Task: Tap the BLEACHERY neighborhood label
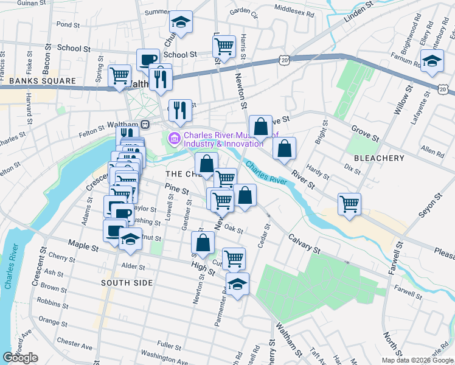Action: tap(379, 158)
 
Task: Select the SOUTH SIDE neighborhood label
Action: tap(127, 283)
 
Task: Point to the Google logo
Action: tap(20, 357)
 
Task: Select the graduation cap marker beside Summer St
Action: tap(180, 22)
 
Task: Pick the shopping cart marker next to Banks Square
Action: tap(119, 75)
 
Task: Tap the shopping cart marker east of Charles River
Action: tap(349, 204)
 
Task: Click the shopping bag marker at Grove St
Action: tap(260, 127)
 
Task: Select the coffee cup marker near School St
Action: tap(148, 60)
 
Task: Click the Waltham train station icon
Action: tap(145, 124)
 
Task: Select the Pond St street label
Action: tap(68, 26)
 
